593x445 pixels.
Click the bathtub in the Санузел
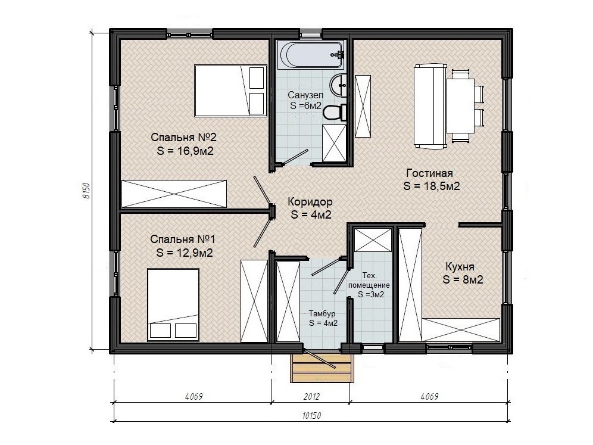(311, 55)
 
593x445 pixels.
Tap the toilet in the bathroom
(335, 112)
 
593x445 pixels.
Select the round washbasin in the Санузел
(339, 85)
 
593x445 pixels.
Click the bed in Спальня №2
(230, 91)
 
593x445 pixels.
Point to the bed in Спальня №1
(173, 304)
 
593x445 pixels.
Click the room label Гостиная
(429, 173)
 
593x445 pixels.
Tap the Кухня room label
(460, 266)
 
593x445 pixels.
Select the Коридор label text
(310, 201)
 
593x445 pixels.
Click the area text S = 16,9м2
(185, 151)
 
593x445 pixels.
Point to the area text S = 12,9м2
(185, 253)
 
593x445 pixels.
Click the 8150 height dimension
(86, 191)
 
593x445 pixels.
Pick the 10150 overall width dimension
(311, 415)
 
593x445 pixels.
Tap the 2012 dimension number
(311, 396)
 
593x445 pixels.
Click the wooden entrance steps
(322, 368)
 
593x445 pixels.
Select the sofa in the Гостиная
(430, 106)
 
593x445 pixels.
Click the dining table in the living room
(460, 105)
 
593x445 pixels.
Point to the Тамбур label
(322, 313)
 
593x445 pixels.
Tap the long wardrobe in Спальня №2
(174, 194)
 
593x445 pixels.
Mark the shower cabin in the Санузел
(335, 144)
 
